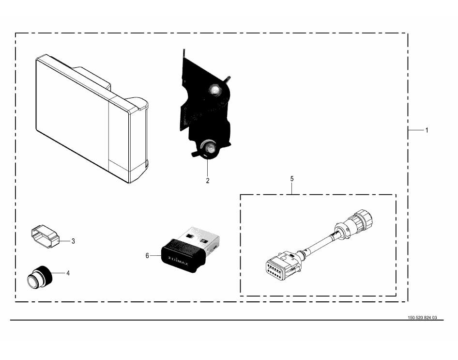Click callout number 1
coord(427,130)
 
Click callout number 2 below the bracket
coord(208,181)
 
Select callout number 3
coord(73,241)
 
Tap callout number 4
coord(68,273)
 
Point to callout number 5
coord(292,179)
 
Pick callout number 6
coord(147,255)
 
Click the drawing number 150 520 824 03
coord(422,318)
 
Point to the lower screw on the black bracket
coord(209,148)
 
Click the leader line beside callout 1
coord(415,130)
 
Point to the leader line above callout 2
coord(208,167)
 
